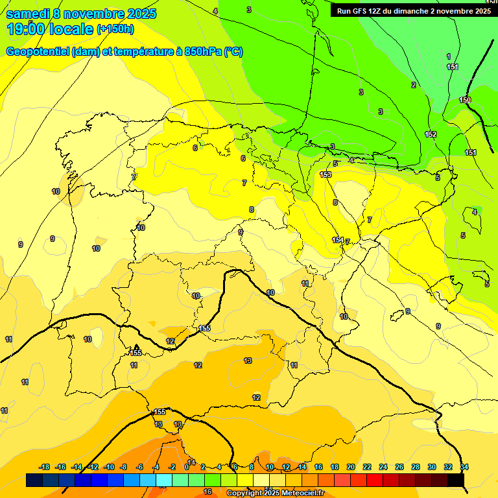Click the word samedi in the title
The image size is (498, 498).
coord(27,14)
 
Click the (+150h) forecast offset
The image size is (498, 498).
coord(115,29)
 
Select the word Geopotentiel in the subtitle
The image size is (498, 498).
coord(37,52)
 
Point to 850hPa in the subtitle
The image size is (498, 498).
coord(203,52)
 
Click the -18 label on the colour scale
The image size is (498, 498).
coord(45,467)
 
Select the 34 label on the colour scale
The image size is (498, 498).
coord(464,467)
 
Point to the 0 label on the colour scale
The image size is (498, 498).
coord(187,467)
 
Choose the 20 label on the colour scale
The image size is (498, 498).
coord(351,467)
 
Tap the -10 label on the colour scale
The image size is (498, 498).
coord(108,467)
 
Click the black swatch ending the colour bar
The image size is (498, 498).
coord(455,480)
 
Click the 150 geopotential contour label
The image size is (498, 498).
coord(465,100)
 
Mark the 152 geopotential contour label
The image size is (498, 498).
coord(431,134)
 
